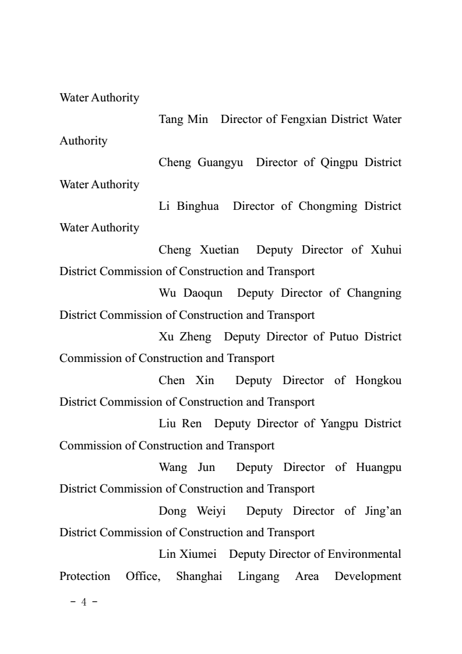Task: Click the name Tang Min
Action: click(x=184, y=119)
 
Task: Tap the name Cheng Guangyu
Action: click(x=200, y=163)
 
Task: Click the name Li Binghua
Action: click(x=189, y=206)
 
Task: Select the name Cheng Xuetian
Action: click(x=199, y=250)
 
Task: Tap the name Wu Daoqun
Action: click(x=191, y=293)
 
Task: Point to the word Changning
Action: click(x=374, y=293)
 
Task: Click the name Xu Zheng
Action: click(x=185, y=337)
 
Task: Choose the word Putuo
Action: click(x=337, y=337)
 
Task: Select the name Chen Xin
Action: click(x=186, y=381)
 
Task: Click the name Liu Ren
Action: click(x=180, y=424)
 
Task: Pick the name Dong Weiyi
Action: click(x=192, y=511)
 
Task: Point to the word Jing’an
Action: click(x=381, y=511)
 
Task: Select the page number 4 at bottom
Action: click(x=82, y=602)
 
